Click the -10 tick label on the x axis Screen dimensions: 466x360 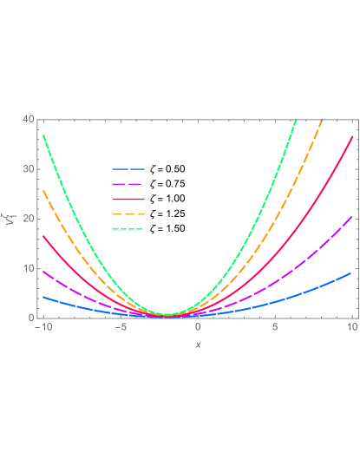[x=41, y=327]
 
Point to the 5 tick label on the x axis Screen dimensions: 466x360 [x=275, y=327]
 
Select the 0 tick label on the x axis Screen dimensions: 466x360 [x=198, y=327]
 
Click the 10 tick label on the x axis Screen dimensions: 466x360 [x=352, y=327]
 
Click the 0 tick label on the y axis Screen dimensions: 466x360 [x=30, y=318]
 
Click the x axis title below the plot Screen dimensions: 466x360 [x=198, y=345]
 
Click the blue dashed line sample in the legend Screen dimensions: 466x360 [x=128, y=169]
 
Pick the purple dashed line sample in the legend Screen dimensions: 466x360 [x=128, y=184]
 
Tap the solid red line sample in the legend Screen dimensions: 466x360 [x=128, y=199]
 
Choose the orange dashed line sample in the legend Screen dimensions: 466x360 [x=128, y=213]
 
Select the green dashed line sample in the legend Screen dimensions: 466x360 [x=128, y=229]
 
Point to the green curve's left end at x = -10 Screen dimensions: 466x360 [x=43, y=135]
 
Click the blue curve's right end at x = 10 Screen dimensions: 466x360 [x=351, y=272]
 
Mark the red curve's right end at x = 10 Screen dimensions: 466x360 [x=352, y=136]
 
